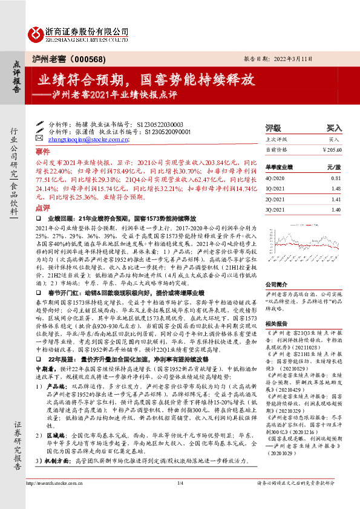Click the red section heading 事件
coord(42,151)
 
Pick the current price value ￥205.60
coord(331,149)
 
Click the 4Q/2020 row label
coord(275,178)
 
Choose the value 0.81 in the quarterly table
coord(336,178)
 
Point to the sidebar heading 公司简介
coord(276,284)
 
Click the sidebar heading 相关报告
coord(276,323)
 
